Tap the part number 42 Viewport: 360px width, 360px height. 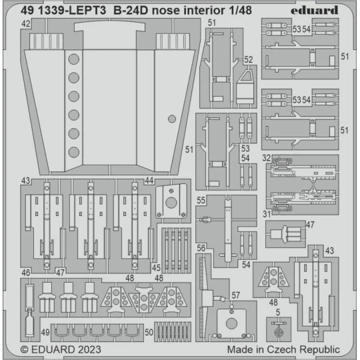pos(26,24)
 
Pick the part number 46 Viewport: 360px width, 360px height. pos(26,273)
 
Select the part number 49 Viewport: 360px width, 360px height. pos(44,331)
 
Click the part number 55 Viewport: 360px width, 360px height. pos(201,199)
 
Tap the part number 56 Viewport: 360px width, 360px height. pos(201,247)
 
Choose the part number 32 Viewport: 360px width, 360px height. pos(266,159)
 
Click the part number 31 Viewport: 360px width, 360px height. pos(266,213)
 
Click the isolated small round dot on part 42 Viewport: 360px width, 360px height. pos(172,119)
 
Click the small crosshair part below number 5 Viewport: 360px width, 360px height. pos(279,329)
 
